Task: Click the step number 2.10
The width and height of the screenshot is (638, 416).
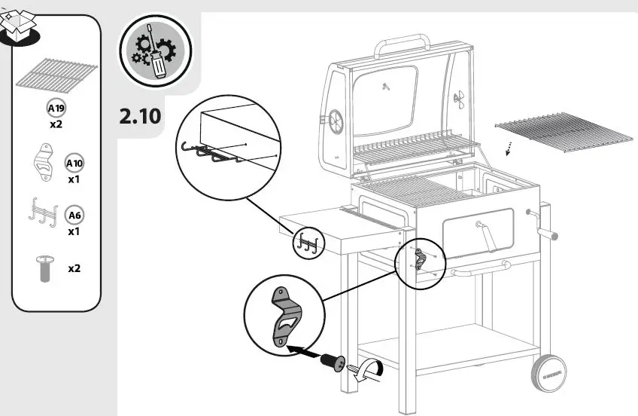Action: [140, 117]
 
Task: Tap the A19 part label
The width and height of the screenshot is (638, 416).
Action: [56, 108]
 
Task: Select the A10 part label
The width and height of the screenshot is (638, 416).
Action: [74, 164]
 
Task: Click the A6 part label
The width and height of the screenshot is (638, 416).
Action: [74, 216]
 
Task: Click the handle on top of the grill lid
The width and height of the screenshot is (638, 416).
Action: [403, 43]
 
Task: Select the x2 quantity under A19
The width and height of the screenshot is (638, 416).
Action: [56, 124]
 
